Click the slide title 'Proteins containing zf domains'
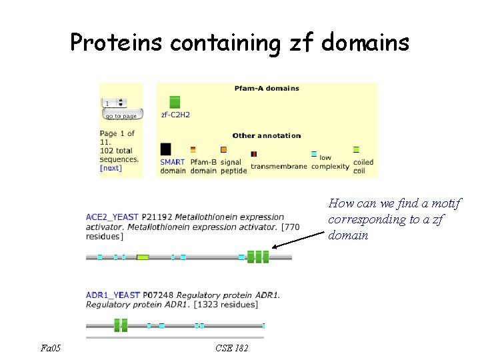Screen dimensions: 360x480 (x=239, y=43)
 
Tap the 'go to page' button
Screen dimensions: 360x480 (x=121, y=115)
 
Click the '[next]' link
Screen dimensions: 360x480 (x=111, y=168)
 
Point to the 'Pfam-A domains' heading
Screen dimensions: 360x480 (x=267, y=88)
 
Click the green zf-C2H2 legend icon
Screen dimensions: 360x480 (x=175, y=102)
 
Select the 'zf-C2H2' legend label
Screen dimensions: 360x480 (x=175, y=115)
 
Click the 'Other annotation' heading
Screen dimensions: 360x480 (x=267, y=135)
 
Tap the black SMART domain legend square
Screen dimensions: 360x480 (x=166, y=149)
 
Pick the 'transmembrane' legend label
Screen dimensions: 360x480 (x=279, y=166)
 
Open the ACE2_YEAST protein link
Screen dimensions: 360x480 (x=112, y=217)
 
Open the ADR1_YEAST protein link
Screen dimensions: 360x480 (x=113, y=295)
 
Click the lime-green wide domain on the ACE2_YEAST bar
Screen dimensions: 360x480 (x=143, y=257)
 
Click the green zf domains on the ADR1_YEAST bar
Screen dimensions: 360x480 (x=121, y=325)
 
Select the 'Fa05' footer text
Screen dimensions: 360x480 (x=49, y=347)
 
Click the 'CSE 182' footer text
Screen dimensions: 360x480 (x=232, y=347)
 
